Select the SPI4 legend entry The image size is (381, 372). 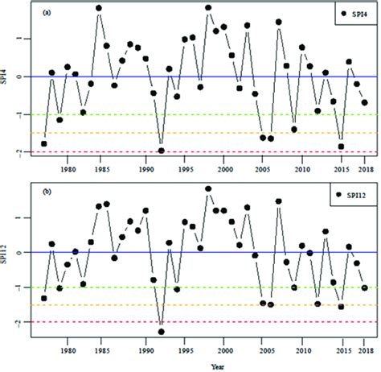point(352,14)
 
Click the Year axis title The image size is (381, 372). point(207,364)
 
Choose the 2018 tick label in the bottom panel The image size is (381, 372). point(364,349)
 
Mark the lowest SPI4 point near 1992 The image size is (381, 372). point(162,151)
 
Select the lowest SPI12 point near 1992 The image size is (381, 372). point(162,331)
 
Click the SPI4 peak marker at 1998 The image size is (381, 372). point(208,8)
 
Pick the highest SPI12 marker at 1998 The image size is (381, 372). point(208,189)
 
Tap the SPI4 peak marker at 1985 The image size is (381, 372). point(99,8)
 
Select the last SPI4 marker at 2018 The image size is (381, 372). point(365,103)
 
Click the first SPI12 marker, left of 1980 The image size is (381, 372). point(44,298)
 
